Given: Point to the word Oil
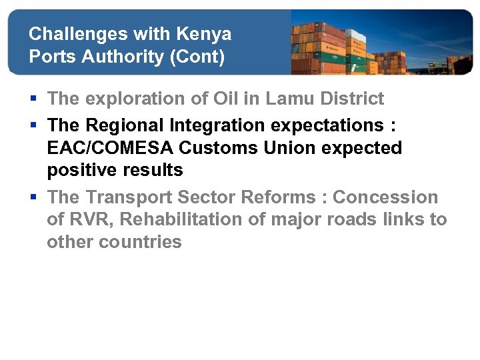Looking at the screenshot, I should click(228, 99).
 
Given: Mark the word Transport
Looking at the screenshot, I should click(129, 197).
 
